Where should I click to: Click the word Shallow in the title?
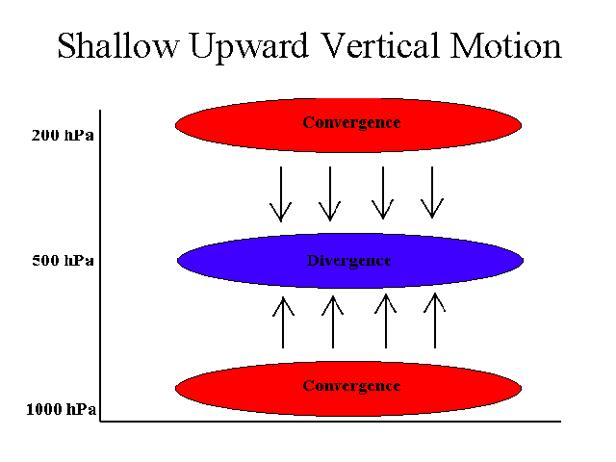118,45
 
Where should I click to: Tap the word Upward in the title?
248,47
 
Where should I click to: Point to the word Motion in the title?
506,45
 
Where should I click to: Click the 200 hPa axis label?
63,135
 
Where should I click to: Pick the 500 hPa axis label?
63,260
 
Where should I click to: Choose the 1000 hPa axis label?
61,409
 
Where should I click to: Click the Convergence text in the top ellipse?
351,122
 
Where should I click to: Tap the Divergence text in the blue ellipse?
348,261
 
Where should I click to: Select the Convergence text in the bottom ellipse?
351,386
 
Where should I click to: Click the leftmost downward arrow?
281,194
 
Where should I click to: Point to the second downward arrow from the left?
330,193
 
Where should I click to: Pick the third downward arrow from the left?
383,192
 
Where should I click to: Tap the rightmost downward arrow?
432,192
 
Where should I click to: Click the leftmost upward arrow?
283,322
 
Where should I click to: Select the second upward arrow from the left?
333,321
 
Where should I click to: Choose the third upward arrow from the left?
386,321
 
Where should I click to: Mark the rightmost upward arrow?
435,321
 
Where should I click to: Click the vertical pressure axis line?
100,266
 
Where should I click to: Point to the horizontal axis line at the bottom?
330,422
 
